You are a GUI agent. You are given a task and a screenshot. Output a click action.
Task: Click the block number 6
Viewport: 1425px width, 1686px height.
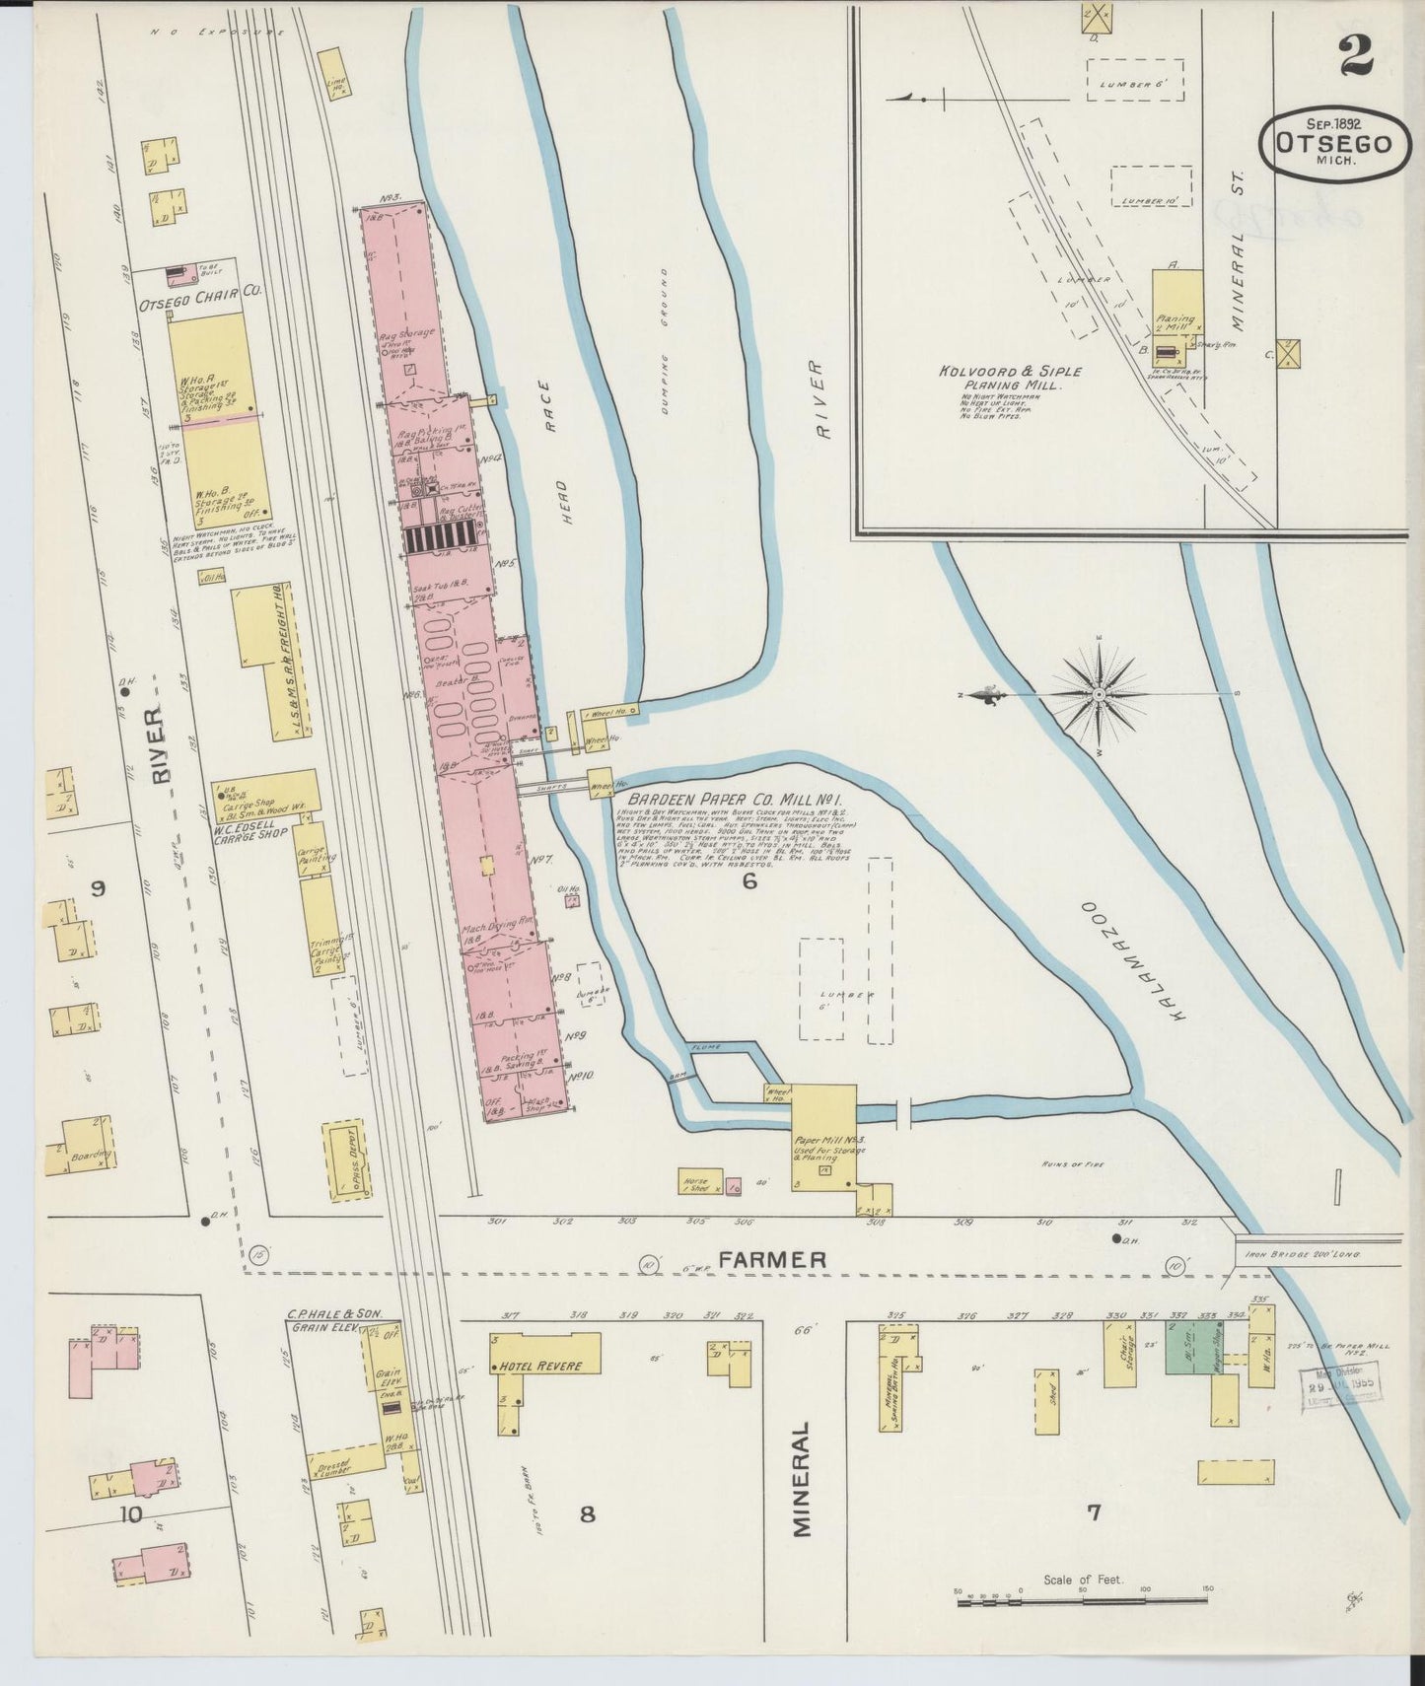coord(749,881)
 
